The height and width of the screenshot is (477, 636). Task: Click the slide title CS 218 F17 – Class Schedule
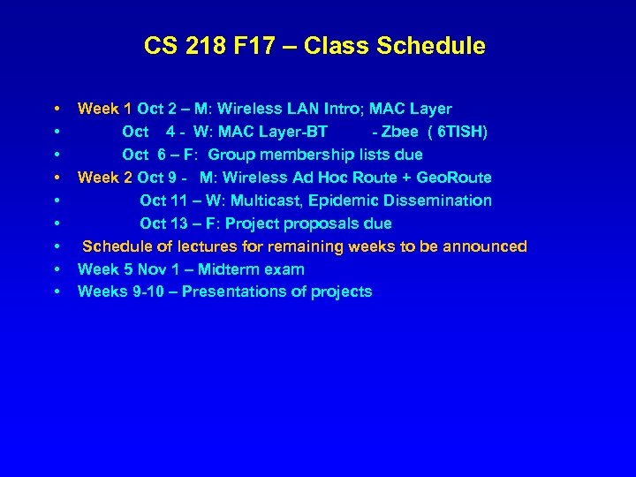click(x=314, y=46)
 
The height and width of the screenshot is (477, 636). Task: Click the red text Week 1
click(x=105, y=110)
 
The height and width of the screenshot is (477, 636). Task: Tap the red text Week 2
click(x=105, y=178)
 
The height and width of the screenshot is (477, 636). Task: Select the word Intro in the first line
click(x=340, y=110)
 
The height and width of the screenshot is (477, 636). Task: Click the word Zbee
click(x=399, y=132)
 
